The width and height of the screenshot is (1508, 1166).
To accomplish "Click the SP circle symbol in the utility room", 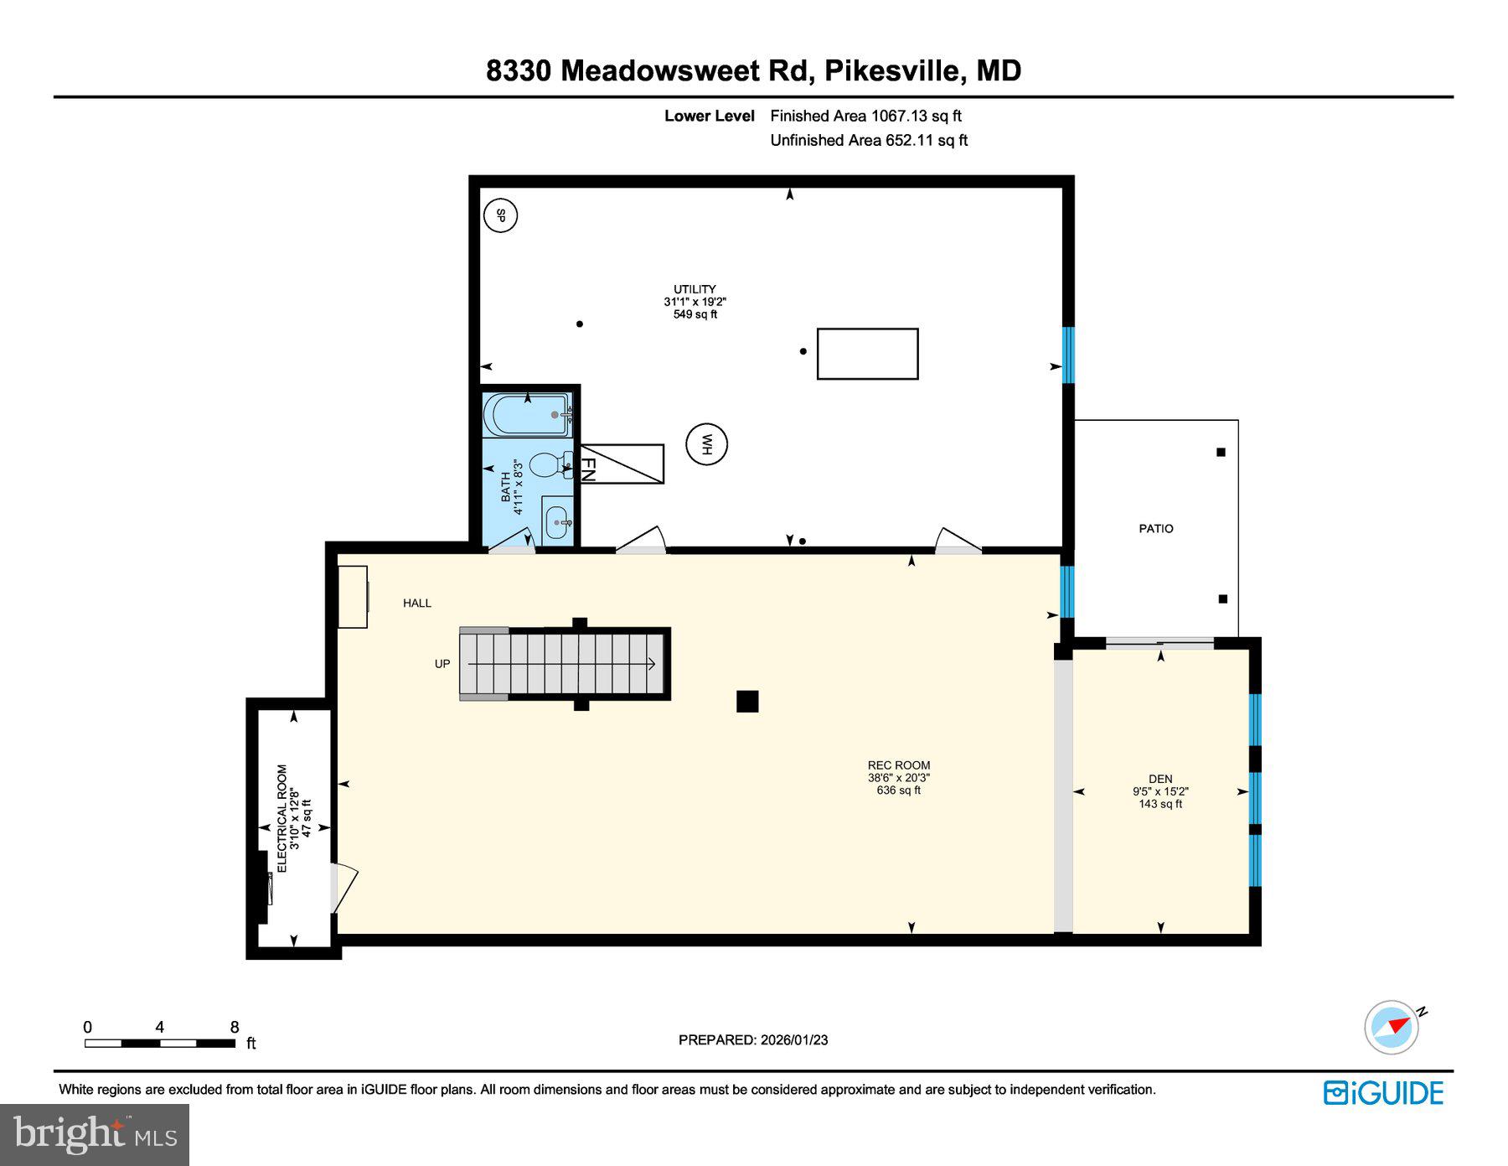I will tap(501, 216).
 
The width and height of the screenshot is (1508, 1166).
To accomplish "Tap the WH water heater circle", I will tap(706, 444).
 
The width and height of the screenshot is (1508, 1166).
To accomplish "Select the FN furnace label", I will tap(588, 469).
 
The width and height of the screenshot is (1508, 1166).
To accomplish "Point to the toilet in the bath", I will tap(549, 464).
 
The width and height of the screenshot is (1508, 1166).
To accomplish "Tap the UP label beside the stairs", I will tap(442, 664).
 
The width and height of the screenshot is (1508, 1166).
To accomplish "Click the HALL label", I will tap(417, 603).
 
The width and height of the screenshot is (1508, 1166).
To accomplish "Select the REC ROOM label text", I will tap(899, 765).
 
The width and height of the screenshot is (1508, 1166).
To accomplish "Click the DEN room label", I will tap(1160, 779).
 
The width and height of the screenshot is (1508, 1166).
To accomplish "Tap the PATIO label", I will tap(1156, 529).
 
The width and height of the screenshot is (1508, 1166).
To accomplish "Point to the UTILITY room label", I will tap(695, 289).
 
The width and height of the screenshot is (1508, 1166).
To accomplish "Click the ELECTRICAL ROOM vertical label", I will tap(282, 818).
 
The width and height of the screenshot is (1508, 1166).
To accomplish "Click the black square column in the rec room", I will tap(747, 701).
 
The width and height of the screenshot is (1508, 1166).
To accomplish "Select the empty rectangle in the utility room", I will tap(867, 354).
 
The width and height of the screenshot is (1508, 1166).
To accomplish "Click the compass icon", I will tap(1392, 1026).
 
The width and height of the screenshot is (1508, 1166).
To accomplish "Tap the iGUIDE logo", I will tap(1383, 1093).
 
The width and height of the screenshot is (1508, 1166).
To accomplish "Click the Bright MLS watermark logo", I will tap(95, 1134).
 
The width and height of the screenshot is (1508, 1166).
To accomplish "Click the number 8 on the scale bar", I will tap(235, 1027).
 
